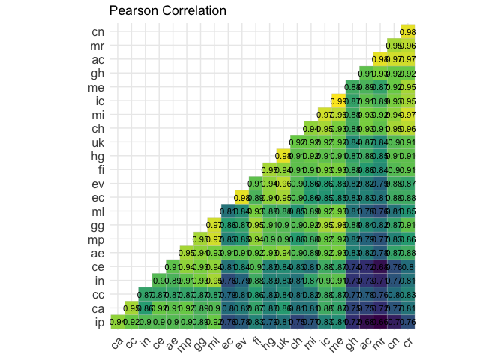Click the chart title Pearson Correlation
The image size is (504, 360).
[168, 12]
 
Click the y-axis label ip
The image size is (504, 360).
[98, 322]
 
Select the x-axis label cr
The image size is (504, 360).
[407, 343]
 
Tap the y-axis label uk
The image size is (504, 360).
[98, 142]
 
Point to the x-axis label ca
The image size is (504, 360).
[118, 343]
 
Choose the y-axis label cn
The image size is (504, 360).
[98, 32]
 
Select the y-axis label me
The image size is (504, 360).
[98, 87]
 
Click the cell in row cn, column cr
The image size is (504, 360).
[407, 32]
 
